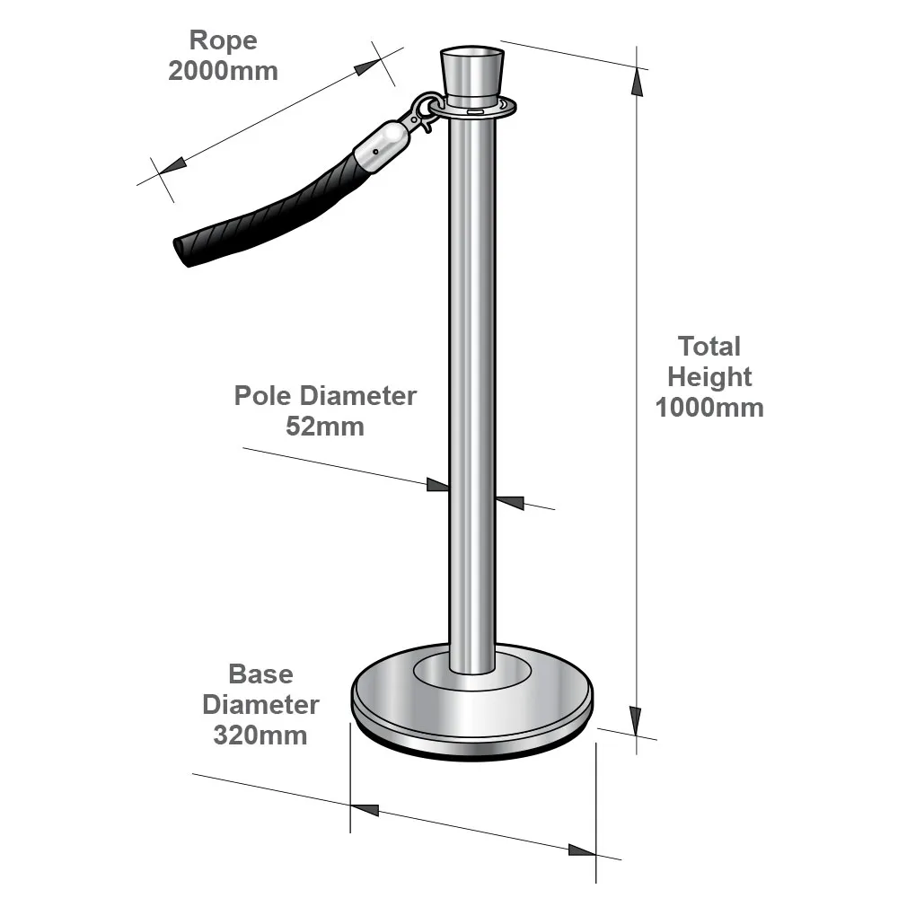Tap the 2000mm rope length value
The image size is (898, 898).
(224, 71)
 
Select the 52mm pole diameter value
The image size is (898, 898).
(325, 427)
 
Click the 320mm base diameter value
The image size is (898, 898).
(260, 735)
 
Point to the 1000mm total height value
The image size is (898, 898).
(709, 408)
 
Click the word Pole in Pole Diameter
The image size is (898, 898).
(264, 396)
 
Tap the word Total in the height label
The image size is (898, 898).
(709, 347)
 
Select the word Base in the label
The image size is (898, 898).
(260, 674)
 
